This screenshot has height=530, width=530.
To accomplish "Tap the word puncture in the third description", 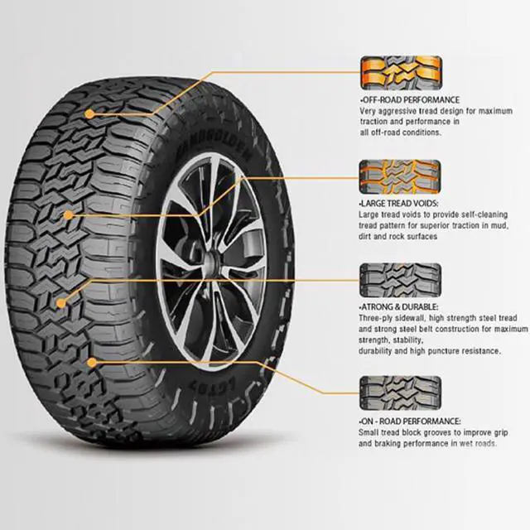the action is tap(455, 351).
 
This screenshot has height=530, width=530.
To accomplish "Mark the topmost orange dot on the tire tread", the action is tap(89, 113).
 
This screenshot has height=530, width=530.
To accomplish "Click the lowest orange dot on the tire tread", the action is tap(91, 361).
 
